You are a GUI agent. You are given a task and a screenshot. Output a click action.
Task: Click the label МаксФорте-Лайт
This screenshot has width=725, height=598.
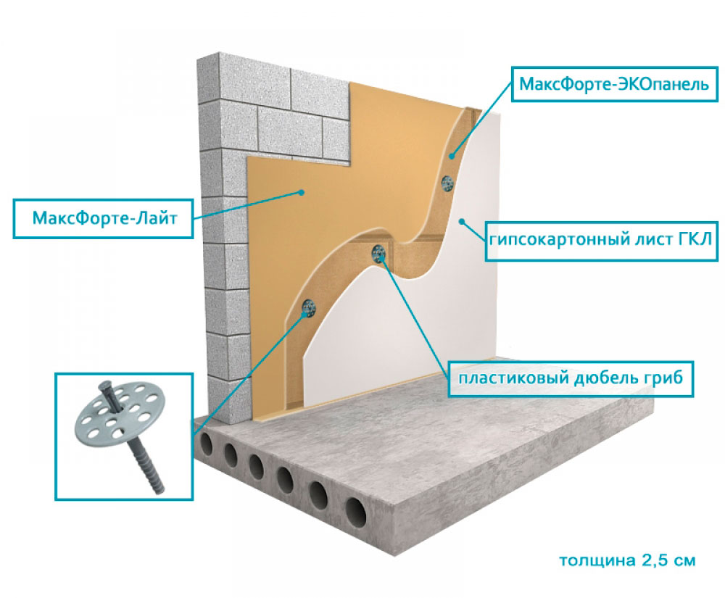pyautogui.click(x=102, y=217)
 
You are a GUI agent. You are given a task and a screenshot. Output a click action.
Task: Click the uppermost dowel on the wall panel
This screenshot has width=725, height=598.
pyautogui.click(x=447, y=183)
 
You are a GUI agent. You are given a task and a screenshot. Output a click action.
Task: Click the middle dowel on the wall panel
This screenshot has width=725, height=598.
pyautogui.click(x=378, y=253)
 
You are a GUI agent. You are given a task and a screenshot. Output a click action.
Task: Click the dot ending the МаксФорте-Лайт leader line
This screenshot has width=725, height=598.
pyautogui.click(x=301, y=192)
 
